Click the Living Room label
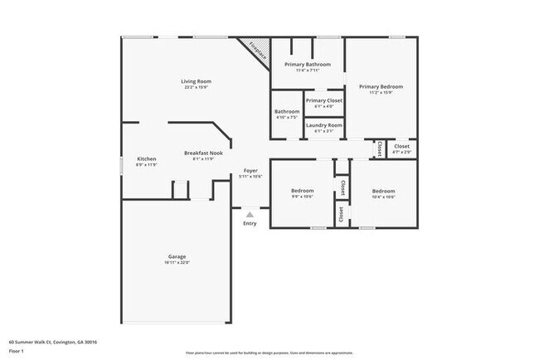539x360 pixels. tap(197, 80)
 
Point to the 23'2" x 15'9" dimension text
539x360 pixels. tap(197, 87)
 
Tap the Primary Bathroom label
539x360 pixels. tap(308, 64)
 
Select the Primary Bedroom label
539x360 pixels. tap(381, 86)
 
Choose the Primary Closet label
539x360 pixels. tap(323, 100)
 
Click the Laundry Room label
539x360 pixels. tap(323, 125)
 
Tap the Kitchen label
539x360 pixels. tap(147, 158)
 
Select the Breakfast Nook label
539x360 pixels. tap(203, 153)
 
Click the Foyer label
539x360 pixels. tap(250, 170)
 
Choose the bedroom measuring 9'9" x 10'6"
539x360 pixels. tap(302, 191)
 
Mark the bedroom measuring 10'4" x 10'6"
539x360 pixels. tap(383, 191)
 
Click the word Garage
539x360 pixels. tap(177, 256)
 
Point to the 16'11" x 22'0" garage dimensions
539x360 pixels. tap(177, 263)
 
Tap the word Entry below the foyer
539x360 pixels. tap(250, 223)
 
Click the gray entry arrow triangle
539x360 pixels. tap(250, 214)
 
